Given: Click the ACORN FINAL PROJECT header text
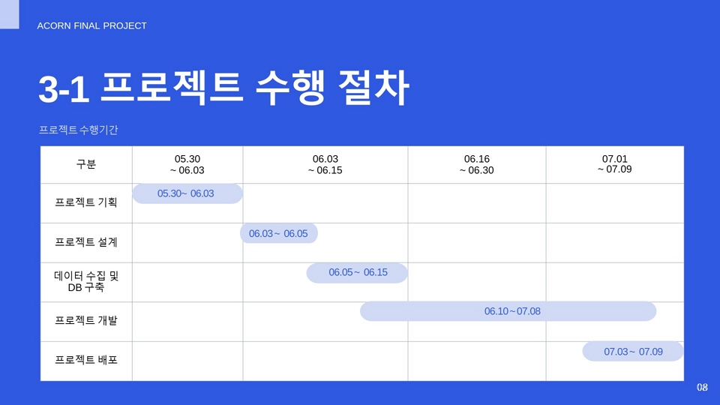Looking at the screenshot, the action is pyautogui.click(x=91, y=25).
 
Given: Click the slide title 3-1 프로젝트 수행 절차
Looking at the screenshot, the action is pyautogui.click(x=223, y=88).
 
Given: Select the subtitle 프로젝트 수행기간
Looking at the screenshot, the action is pyautogui.click(x=79, y=130).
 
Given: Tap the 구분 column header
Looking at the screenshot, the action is pyautogui.click(x=85, y=164).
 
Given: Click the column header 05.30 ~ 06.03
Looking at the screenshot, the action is pyautogui.click(x=187, y=164).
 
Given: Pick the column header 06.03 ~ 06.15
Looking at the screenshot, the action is pyautogui.click(x=325, y=164).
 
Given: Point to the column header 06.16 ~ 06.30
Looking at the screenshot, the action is pyautogui.click(x=477, y=164).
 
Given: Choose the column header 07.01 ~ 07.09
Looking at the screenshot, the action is pyautogui.click(x=614, y=164).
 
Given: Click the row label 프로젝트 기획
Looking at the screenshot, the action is pyautogui.click(x=85, y=202).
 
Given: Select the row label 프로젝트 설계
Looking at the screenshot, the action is pyautogui.click(x=85, y=242).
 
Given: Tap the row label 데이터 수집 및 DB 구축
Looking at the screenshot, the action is pyautogui.click(x=86, y=281).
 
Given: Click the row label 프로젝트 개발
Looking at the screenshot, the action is pyautogui.click(x=85, y=320).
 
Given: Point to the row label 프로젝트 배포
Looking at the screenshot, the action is pyautogui.click(x=85, y=360).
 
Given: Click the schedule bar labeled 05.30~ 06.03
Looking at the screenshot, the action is pyautogui.click(x=187, y=193).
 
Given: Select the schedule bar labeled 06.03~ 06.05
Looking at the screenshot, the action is pyautogui.click(x=279, y=233).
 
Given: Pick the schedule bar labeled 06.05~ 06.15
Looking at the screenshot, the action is pyautogui.click(x=357, y=273).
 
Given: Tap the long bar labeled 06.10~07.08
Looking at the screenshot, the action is pyautogui.click(x=508, y=311).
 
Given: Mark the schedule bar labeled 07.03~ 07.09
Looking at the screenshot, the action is pyautogui.click(x=633, y=351).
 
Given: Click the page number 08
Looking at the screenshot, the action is pyautogui.click(x=702, y=387).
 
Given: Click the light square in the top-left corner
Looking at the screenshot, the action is pyautogui.click(x=10, y=14).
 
